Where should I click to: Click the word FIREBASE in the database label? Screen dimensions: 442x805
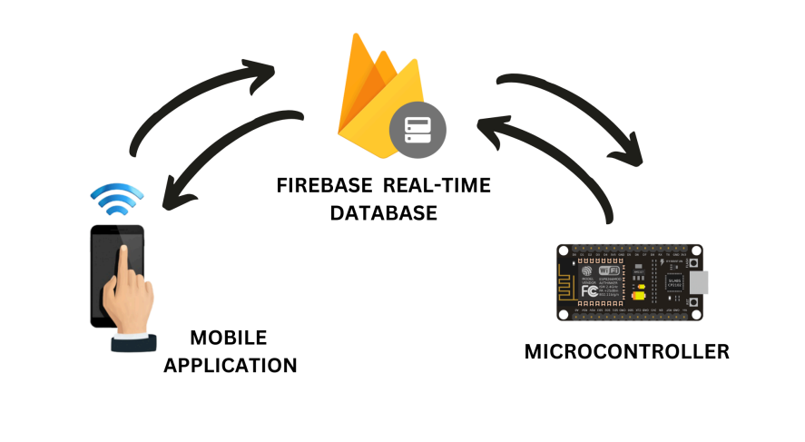point(325,186)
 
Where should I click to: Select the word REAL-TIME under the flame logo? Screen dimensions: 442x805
point(437,186)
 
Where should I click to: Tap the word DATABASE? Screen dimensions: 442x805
point(383,213)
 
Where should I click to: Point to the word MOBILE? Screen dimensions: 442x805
point(229,339)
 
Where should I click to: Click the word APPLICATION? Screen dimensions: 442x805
point(243,366)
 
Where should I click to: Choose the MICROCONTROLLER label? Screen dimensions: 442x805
point(626,351)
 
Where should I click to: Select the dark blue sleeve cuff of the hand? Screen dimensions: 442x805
point(133,343)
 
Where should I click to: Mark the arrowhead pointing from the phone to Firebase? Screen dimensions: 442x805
point(260,67)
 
